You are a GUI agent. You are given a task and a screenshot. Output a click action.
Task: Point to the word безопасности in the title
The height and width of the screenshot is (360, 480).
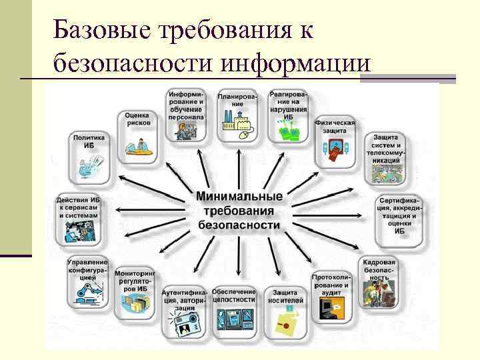[133, 65]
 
